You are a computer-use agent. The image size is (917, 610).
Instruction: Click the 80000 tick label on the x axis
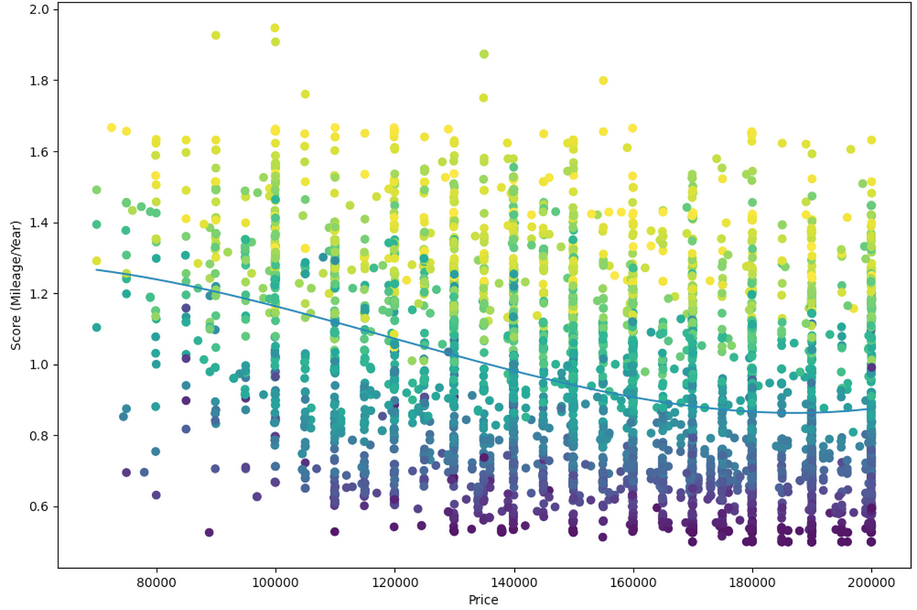(156, 582)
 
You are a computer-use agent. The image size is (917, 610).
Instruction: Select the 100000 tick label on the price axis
(275, 582)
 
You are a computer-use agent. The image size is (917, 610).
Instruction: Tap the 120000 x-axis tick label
(394, 582)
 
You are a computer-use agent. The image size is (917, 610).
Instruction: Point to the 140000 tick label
(514, 582)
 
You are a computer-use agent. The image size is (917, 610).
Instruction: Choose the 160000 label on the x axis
(633, 582)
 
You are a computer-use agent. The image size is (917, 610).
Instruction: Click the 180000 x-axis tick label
(752, 582)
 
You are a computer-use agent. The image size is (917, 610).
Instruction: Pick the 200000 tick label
(871, 582)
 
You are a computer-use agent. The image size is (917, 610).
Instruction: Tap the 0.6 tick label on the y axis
(40, 506)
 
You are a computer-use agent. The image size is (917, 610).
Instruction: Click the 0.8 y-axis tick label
(40, 436)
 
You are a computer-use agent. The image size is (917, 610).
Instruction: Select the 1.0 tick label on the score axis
(40, 365)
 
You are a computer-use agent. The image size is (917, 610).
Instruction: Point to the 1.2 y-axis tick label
(40, 294)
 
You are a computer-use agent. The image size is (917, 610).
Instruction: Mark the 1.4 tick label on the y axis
(40, 223)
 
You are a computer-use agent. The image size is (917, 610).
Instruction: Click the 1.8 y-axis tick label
(40, 81)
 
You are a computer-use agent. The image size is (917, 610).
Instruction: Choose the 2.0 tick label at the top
(40, 10)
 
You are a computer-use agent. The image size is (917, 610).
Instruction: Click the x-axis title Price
(483, 600)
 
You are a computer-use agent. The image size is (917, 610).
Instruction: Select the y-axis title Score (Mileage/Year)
(16, 285)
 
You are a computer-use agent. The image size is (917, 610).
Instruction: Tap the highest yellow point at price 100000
(275, 28)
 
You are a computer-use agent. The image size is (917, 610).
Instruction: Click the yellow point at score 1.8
(603, 81)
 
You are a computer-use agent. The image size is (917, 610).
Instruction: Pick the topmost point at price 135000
(484, 54)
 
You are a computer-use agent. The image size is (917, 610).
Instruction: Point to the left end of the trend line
(97, 269)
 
